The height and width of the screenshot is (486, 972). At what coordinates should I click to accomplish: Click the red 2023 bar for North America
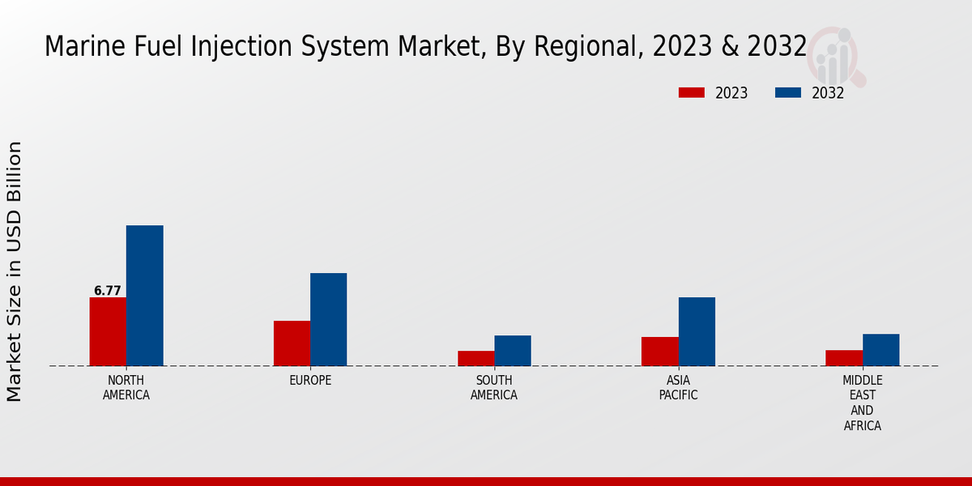[108, 331]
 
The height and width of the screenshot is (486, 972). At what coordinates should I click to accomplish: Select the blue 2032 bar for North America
[144, 296]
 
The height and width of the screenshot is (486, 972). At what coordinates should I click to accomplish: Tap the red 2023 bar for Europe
[292, 343]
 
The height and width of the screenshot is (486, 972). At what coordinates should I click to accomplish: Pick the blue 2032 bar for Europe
[328, 319]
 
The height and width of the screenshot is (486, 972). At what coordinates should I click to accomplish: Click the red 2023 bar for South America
[475, 358]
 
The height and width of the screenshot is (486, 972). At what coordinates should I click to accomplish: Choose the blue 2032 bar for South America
[513, 351]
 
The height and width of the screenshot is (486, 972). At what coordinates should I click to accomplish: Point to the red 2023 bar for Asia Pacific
[659, 351]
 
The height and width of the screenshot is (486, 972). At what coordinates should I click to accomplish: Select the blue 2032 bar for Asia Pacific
[697, 331]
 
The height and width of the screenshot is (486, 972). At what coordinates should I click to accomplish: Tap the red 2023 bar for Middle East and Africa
[844, 357]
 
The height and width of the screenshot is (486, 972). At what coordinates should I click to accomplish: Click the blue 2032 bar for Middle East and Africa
[880, 350]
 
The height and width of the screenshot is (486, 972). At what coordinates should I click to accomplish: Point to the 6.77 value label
[107, 291]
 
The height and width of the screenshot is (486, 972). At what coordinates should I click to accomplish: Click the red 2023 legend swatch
[692, 92]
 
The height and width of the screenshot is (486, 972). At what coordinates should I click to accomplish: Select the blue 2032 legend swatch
[788, 92]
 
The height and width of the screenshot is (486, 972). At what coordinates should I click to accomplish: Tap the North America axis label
[126, 388]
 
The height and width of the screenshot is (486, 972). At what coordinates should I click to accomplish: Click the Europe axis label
[310, 381]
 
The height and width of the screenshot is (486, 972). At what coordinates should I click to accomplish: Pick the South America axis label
[494, 388]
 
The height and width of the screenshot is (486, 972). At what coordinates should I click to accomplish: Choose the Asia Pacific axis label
[678, 388]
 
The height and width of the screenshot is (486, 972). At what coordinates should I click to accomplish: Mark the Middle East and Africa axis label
[862, 403]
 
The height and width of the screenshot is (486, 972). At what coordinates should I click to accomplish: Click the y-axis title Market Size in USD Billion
[15, 271]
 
